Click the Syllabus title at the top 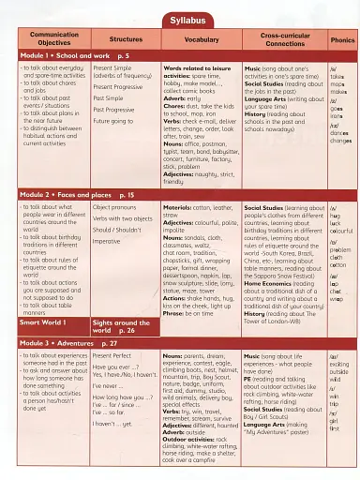click(180, 12)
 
